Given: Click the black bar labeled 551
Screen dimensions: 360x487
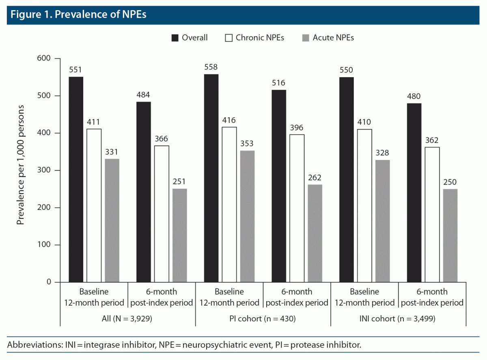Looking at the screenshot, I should [x=76, y=179].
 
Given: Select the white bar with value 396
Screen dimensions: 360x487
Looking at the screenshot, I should [x=297, y=208].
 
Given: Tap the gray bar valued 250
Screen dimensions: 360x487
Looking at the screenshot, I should [x=450, y=235].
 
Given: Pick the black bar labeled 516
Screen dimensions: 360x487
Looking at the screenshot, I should [x=279, y=186].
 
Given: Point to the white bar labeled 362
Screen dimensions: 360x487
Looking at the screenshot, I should [x=432, y=214].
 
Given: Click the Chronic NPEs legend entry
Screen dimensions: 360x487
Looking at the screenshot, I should [x=254, y=38].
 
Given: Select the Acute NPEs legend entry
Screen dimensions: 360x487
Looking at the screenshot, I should [x=328, y=38].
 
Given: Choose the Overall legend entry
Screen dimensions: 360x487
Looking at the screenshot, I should [x=190, y=38].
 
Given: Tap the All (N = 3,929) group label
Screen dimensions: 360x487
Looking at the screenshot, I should [x=127, y=319].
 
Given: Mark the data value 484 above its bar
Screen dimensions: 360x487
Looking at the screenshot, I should [x=143, y=95].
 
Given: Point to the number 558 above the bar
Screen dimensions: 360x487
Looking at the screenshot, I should [x=211, y=67].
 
